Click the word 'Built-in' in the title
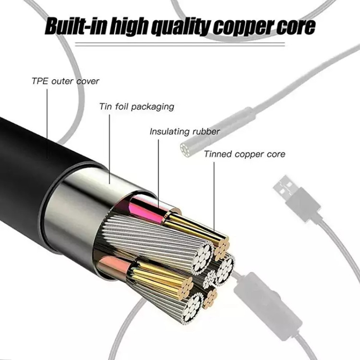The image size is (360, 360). (76, 26)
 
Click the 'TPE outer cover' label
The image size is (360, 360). (65, 81)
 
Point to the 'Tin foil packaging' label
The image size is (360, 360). (137, 107)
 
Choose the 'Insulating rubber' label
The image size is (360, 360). (185, 132)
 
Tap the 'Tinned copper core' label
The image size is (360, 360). (244, 154)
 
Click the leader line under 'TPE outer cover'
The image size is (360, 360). (47, 124)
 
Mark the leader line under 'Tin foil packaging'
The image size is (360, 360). (109, 149)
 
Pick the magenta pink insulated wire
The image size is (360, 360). (147, 208)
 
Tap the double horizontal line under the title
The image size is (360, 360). (180, 44)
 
